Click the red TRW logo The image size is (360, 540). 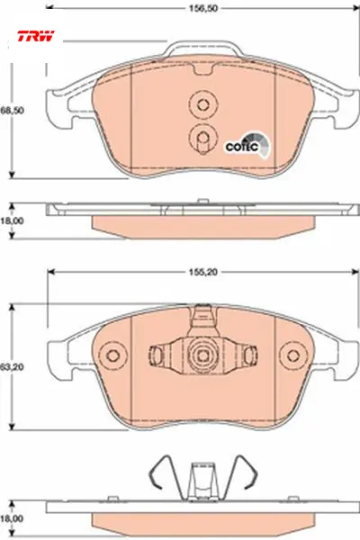(x=36, y=36)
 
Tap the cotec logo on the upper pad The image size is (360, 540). (x=247, y=145)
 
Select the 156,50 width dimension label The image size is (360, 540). (x=203, y=8)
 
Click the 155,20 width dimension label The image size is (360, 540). (x=203, y=272)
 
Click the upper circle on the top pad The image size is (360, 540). (x=203, y=104)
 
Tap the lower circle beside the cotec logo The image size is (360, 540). (x=203, y=138)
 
